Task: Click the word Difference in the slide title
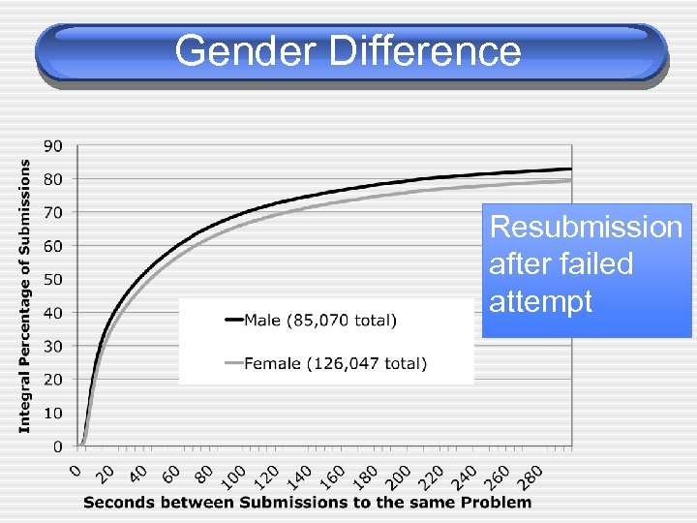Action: [x=425, y=50]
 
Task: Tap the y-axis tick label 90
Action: [x=53, y=145]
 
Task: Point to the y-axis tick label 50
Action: [x=53, y=280]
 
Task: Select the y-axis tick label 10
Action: [x=53, y=414]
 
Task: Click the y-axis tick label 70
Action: [x=53, y=212]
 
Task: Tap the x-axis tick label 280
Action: [x=531, y=476]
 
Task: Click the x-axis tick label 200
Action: [x=398, y=476]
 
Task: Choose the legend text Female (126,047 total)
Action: [x=335, y=364]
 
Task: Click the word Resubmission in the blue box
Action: [x=586, y=227]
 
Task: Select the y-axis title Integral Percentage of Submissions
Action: [x=25, y=295]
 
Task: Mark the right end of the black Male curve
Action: [x=571, y=169]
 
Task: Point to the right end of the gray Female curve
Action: [x=571, y=180]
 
